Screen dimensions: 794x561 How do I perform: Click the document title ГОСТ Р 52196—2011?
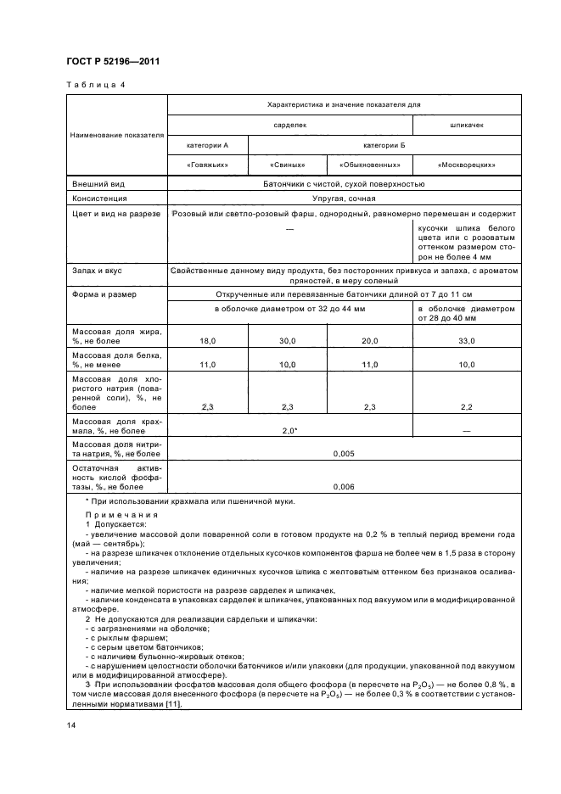pos(113,61)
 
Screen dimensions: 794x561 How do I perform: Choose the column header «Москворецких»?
pos(466,165)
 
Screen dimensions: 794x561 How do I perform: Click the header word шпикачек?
pos(466,124)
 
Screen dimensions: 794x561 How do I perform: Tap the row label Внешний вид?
pos(100,183)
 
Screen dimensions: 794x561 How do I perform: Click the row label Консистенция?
pos(101,198)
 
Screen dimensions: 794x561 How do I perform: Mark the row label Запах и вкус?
pos(98,271)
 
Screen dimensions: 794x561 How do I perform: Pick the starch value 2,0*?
pos(289,431)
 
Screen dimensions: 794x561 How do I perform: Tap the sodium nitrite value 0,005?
pos(344,454)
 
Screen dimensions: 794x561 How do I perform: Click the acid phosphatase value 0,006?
pos(344,486)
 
